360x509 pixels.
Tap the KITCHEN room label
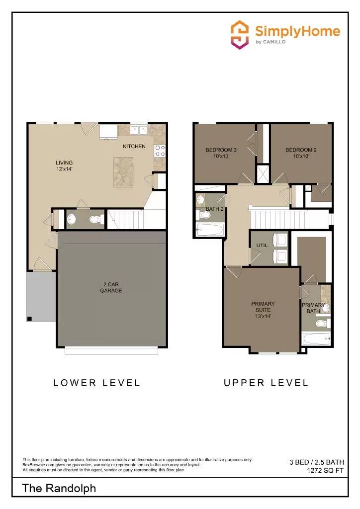click(134, 146)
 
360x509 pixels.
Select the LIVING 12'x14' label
click(64, 166)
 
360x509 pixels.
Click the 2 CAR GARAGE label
click(111, 287)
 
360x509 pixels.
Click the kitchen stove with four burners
click(160, 150)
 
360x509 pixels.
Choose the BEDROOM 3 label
click(221, 153)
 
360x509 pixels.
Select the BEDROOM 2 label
click(301, 153)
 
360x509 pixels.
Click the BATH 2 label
click(215, 209)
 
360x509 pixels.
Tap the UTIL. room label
click(262, 246)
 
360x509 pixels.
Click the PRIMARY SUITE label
click(263, 309)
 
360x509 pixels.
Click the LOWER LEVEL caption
click(97, 383)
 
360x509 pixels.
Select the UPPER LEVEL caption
click(266, 383)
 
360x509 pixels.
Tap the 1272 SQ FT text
click(326, 471)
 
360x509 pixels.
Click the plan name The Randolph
click(59, 489)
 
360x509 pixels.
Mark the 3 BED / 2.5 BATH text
click(317, 462)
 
